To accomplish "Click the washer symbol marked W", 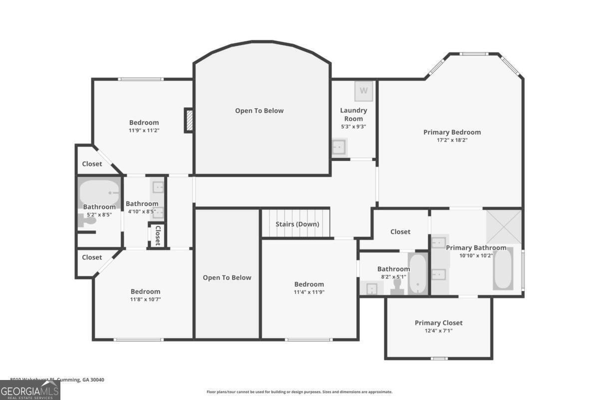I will point(364,90).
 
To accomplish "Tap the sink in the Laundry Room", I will point(338,147).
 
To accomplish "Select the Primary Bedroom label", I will point(452,132).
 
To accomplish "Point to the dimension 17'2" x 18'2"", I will point(452,140).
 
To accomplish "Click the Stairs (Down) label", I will point(297,224).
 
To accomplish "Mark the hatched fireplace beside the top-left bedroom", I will point(189,120).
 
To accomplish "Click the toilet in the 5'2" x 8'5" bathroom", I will point(88,220).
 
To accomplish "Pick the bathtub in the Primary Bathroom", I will point(503,268).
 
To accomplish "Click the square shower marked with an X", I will point(504,226).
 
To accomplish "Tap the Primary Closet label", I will point(438,322).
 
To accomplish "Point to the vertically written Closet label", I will point(157,235).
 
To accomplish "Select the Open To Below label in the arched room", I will point(259,110).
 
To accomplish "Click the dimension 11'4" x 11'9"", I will point(309,292).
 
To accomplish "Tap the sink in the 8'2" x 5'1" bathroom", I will point(371,288).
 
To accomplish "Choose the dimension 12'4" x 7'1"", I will point(438,330).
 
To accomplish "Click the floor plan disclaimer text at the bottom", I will point(299,392).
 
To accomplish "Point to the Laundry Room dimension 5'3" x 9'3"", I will point(353,126).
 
